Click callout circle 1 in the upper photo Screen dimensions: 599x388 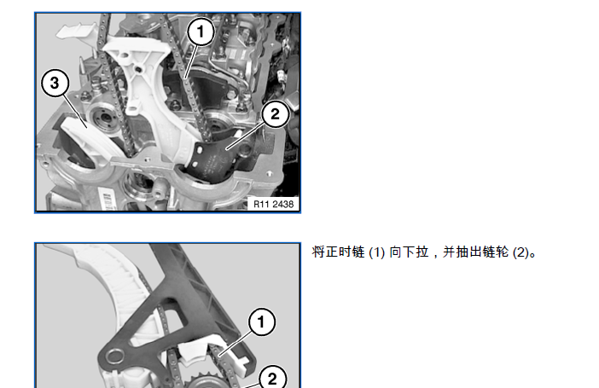(x=201, y=32)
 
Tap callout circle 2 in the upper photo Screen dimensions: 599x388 (x=275, y=113)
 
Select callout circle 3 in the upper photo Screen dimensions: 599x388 (x=55, y=83)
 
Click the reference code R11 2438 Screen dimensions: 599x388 (x=274, y=204)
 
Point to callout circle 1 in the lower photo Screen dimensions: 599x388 (x=262, y=322)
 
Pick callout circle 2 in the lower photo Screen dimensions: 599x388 (x=272, y=378)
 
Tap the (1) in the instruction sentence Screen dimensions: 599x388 (x=376, y=252)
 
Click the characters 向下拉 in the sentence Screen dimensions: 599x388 (x=409, y=252)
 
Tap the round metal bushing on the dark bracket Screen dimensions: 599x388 (x=114, y=356)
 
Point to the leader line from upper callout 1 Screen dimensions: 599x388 (x=192, y=62)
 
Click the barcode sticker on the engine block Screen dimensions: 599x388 (x=106, y=200)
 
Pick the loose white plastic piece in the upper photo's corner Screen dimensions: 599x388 (x=76, y=31)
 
